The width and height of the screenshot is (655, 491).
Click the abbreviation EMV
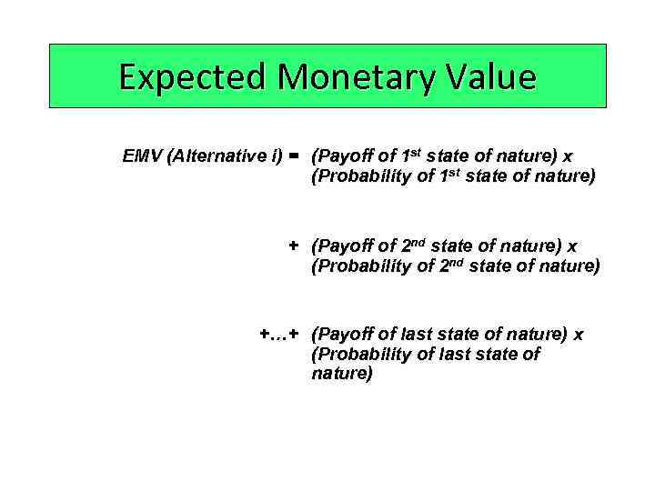142,155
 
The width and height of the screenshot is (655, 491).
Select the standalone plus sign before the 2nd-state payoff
293,246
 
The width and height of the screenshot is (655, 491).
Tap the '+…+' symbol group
278,335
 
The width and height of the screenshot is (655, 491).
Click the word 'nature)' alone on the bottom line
342,374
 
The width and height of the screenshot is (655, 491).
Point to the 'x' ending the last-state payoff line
578,335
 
